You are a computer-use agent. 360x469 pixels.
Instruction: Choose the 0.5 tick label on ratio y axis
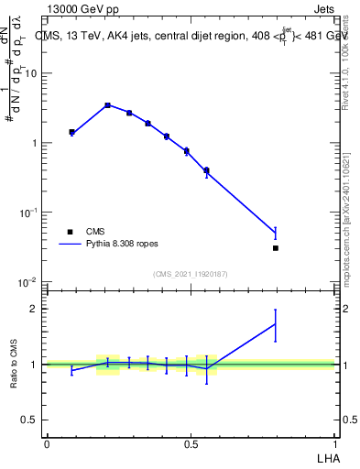31,420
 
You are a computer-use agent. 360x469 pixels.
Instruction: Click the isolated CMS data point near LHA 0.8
276,247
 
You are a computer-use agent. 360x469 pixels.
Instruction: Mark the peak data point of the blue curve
108,105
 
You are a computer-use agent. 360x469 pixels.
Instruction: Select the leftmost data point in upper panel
71,133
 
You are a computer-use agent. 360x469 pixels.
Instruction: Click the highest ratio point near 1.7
276,324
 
